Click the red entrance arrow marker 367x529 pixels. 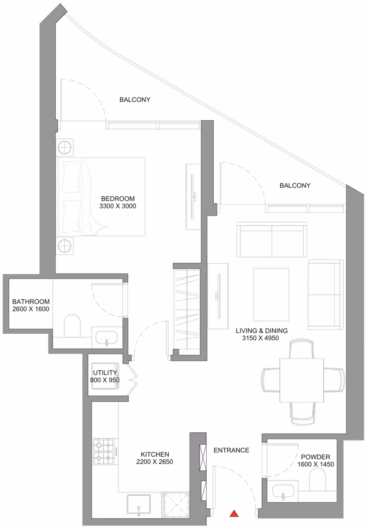[234, 514]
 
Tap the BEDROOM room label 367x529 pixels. [118, 199]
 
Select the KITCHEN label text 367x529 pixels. [155, 454]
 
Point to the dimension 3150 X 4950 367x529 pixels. [260, 338]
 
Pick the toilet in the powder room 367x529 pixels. [317, 481]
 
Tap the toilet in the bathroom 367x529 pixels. [72, 326]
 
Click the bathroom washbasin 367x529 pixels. [107, 338]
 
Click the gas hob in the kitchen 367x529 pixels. [103, 451]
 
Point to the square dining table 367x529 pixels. [302, 380]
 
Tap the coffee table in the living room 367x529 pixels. [271, 294]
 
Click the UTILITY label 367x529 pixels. [105, 373]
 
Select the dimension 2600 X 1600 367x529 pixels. [31, 309]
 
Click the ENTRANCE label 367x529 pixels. [231, 450]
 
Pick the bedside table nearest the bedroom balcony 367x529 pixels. [64, 147]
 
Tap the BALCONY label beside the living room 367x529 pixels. [295, 186]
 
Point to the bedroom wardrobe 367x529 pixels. [187, 309]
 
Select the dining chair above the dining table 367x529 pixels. [301, 349]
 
